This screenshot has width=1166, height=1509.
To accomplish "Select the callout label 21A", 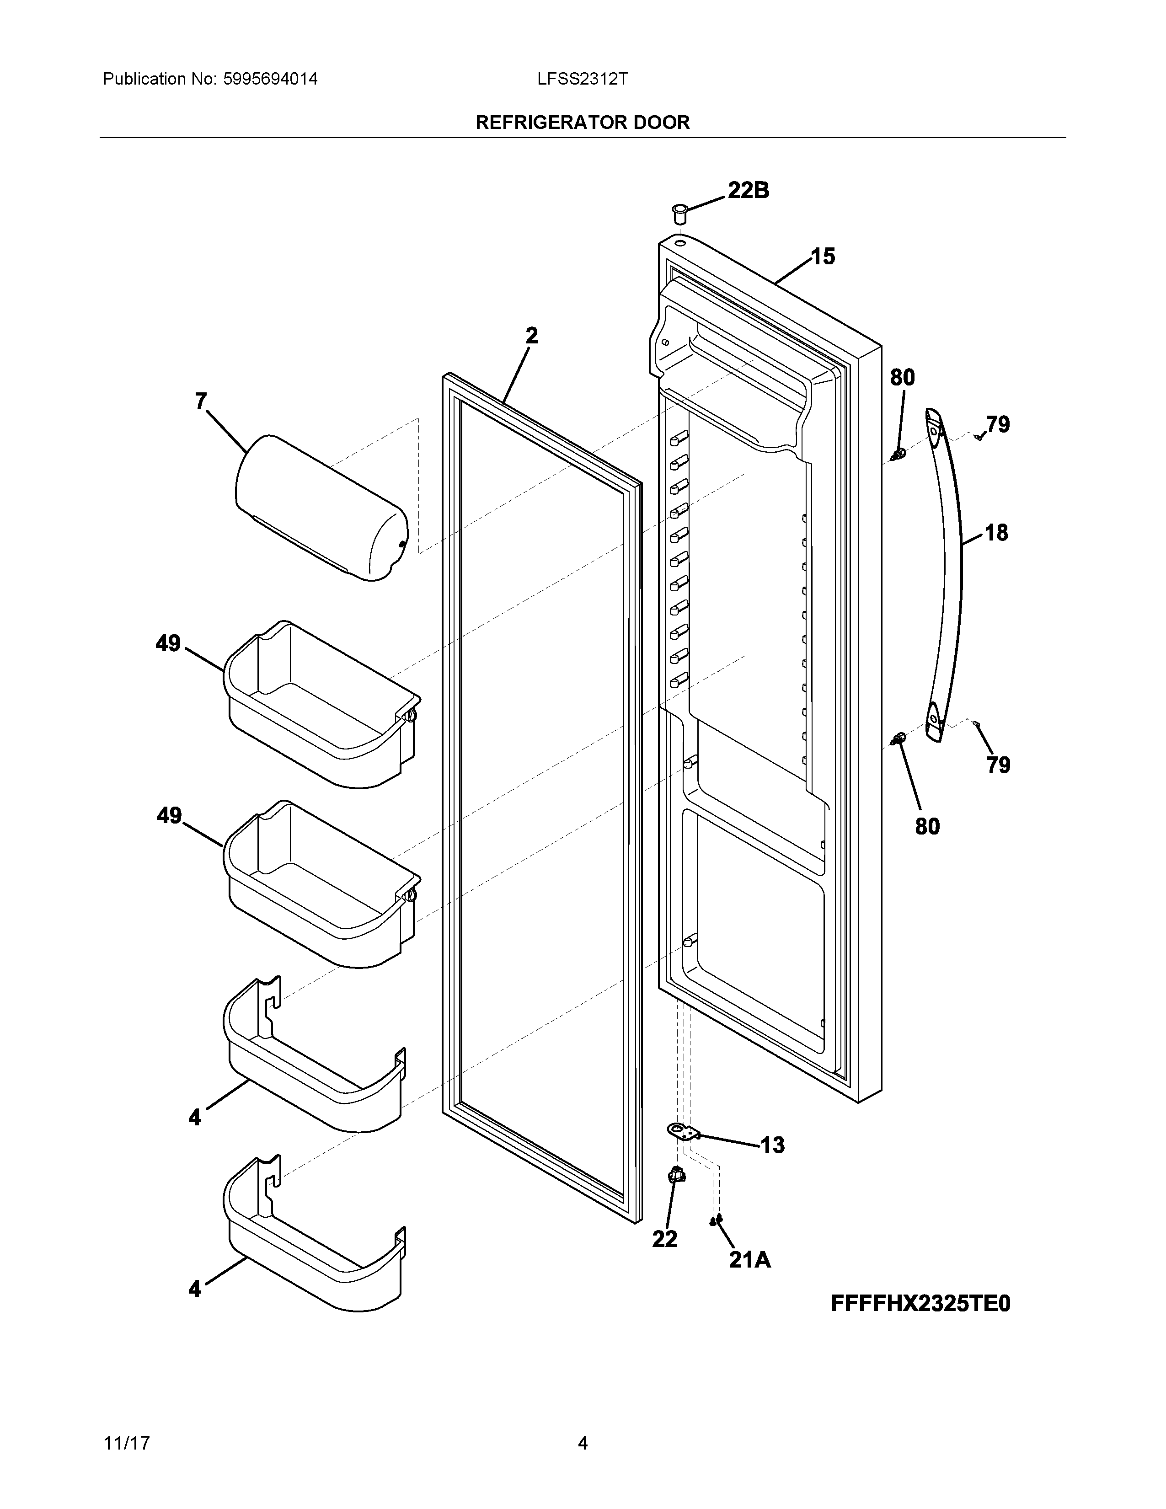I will click(749, 1260).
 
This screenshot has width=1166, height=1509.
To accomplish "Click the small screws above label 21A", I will click(716, 1221).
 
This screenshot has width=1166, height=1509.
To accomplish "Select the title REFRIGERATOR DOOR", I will click(582, 123).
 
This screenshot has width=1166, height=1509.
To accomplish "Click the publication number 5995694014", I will click(270, 79).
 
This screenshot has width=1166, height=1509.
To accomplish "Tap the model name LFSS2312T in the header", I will click(582, 79).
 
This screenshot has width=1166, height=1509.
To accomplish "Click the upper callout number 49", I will click(168, 644).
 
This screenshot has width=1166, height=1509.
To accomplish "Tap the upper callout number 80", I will click(902, 378).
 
